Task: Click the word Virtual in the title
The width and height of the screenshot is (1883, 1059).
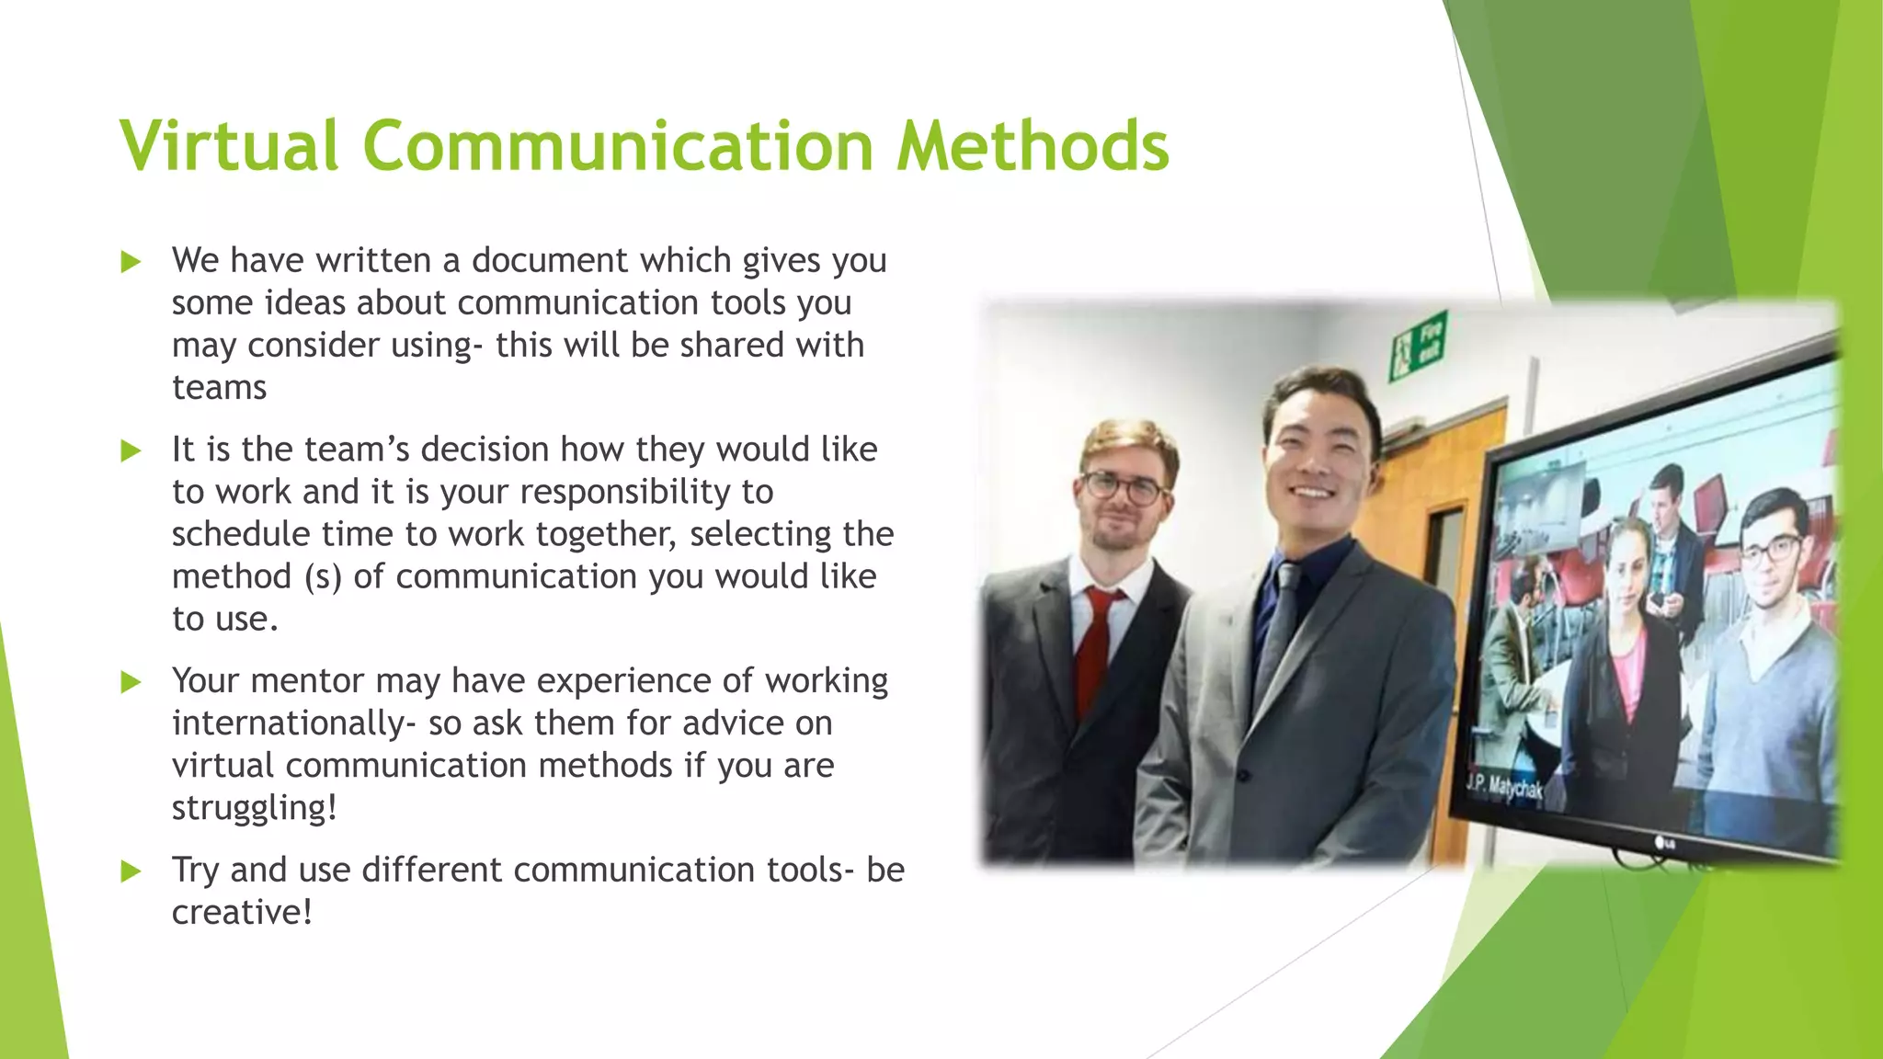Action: click(x=229, y=145)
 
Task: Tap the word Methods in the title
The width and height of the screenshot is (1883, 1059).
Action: click(x=1033, y=145)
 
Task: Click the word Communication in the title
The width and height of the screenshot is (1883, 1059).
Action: click(x=617, y=145)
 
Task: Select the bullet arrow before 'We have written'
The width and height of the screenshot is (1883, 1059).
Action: click(x=131, y=262)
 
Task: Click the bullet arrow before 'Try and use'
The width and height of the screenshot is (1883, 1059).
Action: click(x=131, y=871)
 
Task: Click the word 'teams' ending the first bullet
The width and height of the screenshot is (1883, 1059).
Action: click(x=219, y=388)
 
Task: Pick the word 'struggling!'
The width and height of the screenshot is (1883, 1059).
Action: click(x=255, y=808)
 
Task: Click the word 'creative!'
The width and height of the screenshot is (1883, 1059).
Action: click(x=242, y=913)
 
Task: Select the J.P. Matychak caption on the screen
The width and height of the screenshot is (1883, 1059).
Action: click(x=1505, y=786)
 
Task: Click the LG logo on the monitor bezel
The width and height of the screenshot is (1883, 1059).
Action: click(x=1665, y=841)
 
